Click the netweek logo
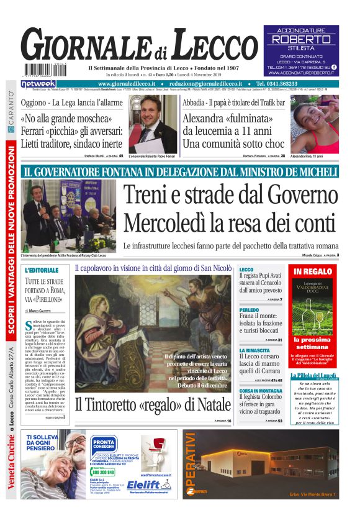pos(38,83)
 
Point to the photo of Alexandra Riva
pos(314,124)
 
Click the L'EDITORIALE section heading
pos(42,271)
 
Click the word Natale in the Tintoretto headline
pos(204,404)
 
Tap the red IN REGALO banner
pos(313,271)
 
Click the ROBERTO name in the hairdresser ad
pos(301,39)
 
